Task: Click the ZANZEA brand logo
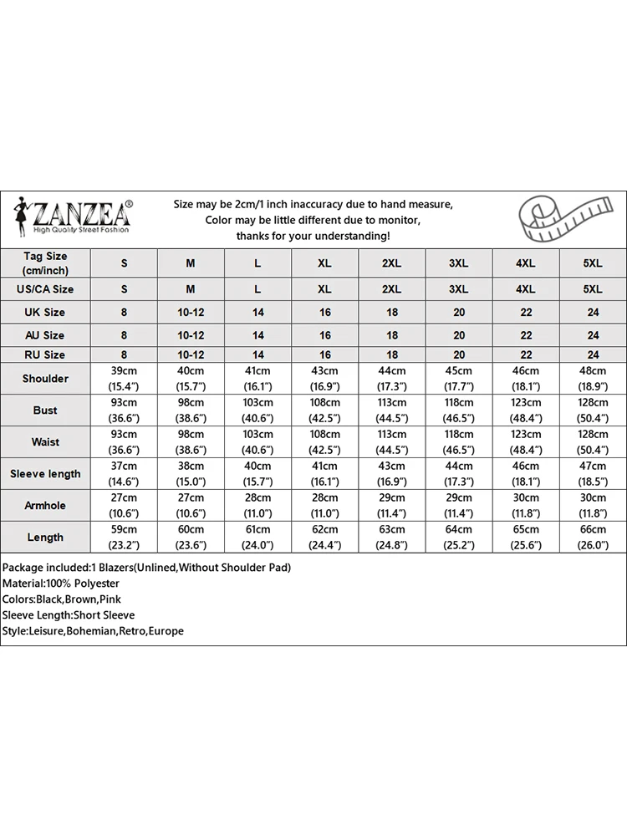[74, 217]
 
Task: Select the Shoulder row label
[45, 379]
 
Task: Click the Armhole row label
[45, 506]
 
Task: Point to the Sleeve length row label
[45, 474]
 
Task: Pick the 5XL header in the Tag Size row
[593, 263]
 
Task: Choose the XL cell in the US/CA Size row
[324, 289]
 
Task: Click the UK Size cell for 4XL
[526, 313]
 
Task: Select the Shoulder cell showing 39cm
[124, 379]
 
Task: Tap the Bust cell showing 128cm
[593, 410]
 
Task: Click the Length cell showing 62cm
[324, 538]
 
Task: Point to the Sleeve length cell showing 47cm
[593, 474]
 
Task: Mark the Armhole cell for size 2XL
[391, 506]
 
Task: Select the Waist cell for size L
[257, 442]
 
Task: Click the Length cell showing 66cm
[593, 538]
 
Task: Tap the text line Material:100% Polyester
[61, 584]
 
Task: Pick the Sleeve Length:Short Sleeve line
[68, 615]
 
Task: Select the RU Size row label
[45, 355]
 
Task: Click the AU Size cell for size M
[191, 335]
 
